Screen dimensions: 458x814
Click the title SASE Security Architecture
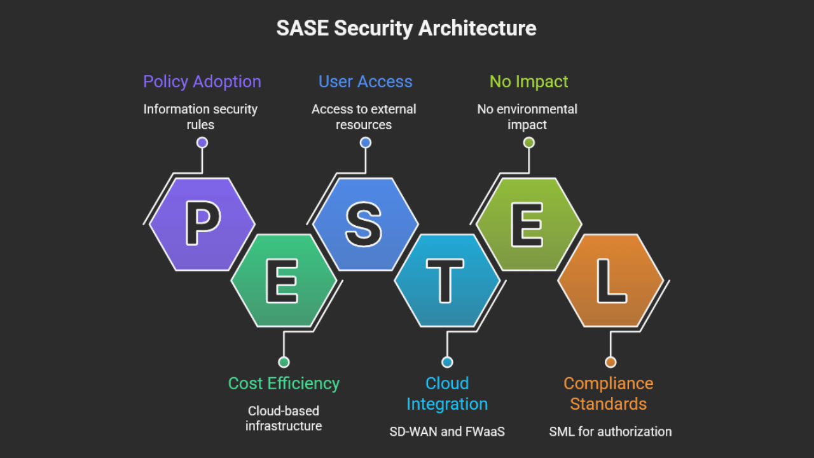pos(406,29)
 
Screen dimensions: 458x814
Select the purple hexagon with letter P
pos(202,224)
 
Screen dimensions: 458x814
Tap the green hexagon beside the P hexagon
pos(284,280)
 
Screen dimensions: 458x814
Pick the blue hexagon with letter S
pos(365,224)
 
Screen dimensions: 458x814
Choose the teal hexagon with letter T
pos(447,280)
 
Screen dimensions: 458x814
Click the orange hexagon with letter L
pos(610,280)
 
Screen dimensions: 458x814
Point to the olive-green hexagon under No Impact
pos(528,224)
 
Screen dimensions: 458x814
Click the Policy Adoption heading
pos(202,81)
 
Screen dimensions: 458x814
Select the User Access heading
pos(365,81)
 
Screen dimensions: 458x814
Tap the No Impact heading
pos(528,81)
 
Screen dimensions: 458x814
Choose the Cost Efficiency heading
pos(284,384)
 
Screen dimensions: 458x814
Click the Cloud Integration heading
pos(447,393)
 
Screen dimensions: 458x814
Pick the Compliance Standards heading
pos(609,393)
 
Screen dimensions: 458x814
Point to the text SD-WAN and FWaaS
pos(447,431)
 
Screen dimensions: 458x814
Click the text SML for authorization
pos(610,431)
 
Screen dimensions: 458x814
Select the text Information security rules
pos(200,116)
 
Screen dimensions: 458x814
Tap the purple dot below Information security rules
pos(202,142)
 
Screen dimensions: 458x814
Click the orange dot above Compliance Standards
pos(610,362)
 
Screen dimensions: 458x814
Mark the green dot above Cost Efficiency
pos(284,362)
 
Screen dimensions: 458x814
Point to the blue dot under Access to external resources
pos(365,142)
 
